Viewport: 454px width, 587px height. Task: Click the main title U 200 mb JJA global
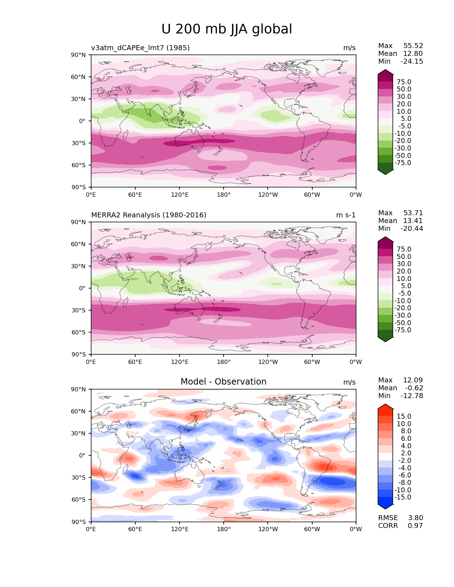point(226,29)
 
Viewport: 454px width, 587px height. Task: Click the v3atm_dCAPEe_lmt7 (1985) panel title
point(140,48)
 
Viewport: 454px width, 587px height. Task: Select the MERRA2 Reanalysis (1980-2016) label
point(149,215)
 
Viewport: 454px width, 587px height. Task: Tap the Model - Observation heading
point(223,381)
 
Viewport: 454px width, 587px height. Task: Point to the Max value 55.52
point(413,46)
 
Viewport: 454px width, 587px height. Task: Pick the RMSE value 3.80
point(415,518)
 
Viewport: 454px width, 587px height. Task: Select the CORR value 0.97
point(415,525)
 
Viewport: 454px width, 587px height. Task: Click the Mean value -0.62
point(414,388)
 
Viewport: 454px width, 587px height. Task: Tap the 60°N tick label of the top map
point(78,77)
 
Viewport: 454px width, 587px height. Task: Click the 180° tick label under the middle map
point(224,362)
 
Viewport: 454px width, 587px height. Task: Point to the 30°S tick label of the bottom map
point(78,477)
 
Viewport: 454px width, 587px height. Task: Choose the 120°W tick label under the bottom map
point(268,529)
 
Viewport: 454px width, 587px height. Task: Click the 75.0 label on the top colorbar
point(404,82)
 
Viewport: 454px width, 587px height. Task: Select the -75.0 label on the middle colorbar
point(403,330)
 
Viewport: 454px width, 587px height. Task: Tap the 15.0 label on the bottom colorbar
point(404,416)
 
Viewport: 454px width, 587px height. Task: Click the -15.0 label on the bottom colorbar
point(403,497)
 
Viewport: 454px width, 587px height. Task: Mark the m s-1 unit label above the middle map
point(346,215)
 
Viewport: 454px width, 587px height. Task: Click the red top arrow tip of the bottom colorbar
point(385,404)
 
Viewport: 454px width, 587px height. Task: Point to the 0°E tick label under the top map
point(91,195)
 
